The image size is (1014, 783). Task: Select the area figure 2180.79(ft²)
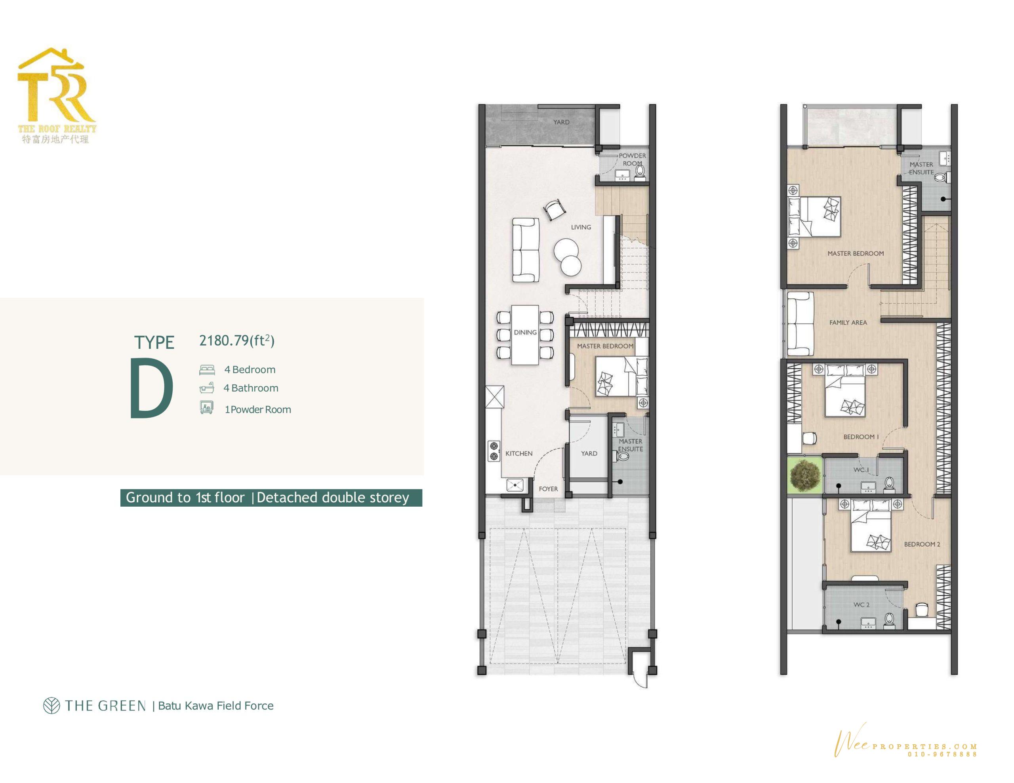tap(237, 341)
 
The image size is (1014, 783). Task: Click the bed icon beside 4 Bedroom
tap(207, 370)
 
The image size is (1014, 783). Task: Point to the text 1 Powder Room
tap(258, 410)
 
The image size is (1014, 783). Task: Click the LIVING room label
tap(581, 227)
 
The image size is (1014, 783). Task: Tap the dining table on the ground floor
tap(525, 334)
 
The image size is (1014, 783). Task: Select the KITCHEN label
tap(518, 454)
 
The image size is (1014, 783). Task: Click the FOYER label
tap(548, 489)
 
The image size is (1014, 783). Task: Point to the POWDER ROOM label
tap(632, 159)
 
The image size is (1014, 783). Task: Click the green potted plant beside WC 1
tap(804, 474)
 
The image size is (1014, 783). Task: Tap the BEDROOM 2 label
tap(922, 544)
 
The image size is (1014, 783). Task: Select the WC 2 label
tap(861, 605)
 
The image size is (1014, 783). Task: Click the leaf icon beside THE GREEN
tap(51, 706)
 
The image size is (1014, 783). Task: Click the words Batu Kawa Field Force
tap(215, 706)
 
